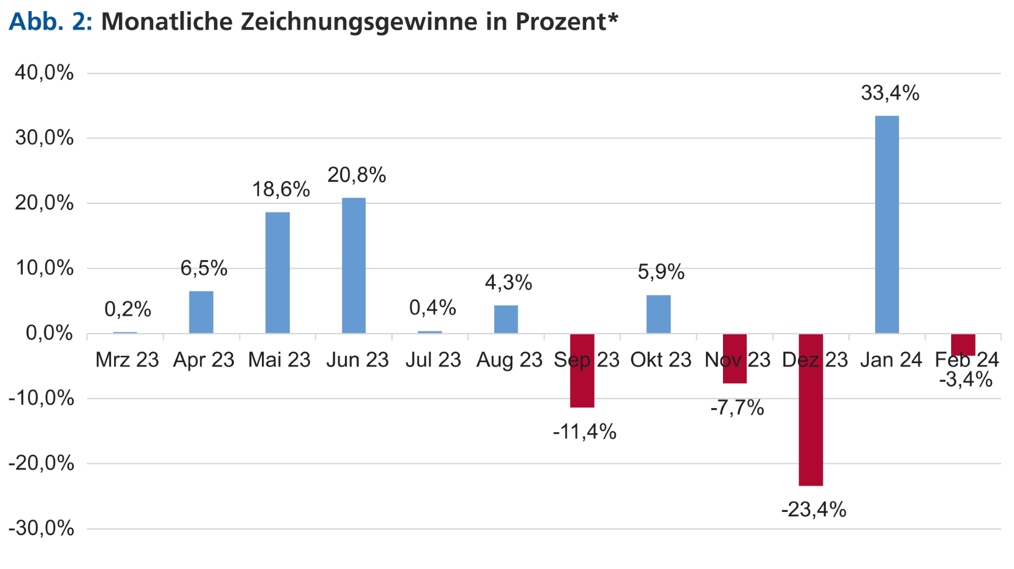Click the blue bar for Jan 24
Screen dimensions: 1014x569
(887, 224)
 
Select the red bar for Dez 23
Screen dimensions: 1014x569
(811, 410)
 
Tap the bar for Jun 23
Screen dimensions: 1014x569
(354, 265)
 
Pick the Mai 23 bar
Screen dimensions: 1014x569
(277, 273)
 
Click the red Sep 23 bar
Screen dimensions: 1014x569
(582, 371)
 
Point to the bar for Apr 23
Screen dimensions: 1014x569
(201, 312)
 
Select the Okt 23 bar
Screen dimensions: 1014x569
(659, 314)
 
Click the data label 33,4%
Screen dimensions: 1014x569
(890, 93)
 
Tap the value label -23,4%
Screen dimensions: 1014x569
(814, 510)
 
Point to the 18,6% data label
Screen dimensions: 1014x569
(281, 189)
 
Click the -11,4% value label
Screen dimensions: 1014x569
(585, 432)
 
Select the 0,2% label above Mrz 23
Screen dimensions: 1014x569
(128, 309)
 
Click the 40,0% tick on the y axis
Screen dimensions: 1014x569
(44, 73)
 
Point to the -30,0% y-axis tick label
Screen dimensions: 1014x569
(41, 528)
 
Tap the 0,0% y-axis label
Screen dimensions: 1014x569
(49, 333)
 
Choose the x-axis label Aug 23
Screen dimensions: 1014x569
(509, 360)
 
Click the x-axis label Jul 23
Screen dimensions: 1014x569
(433, 360)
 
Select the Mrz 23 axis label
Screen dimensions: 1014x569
(127, 360)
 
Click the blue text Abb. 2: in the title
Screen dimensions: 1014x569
(51, 22)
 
